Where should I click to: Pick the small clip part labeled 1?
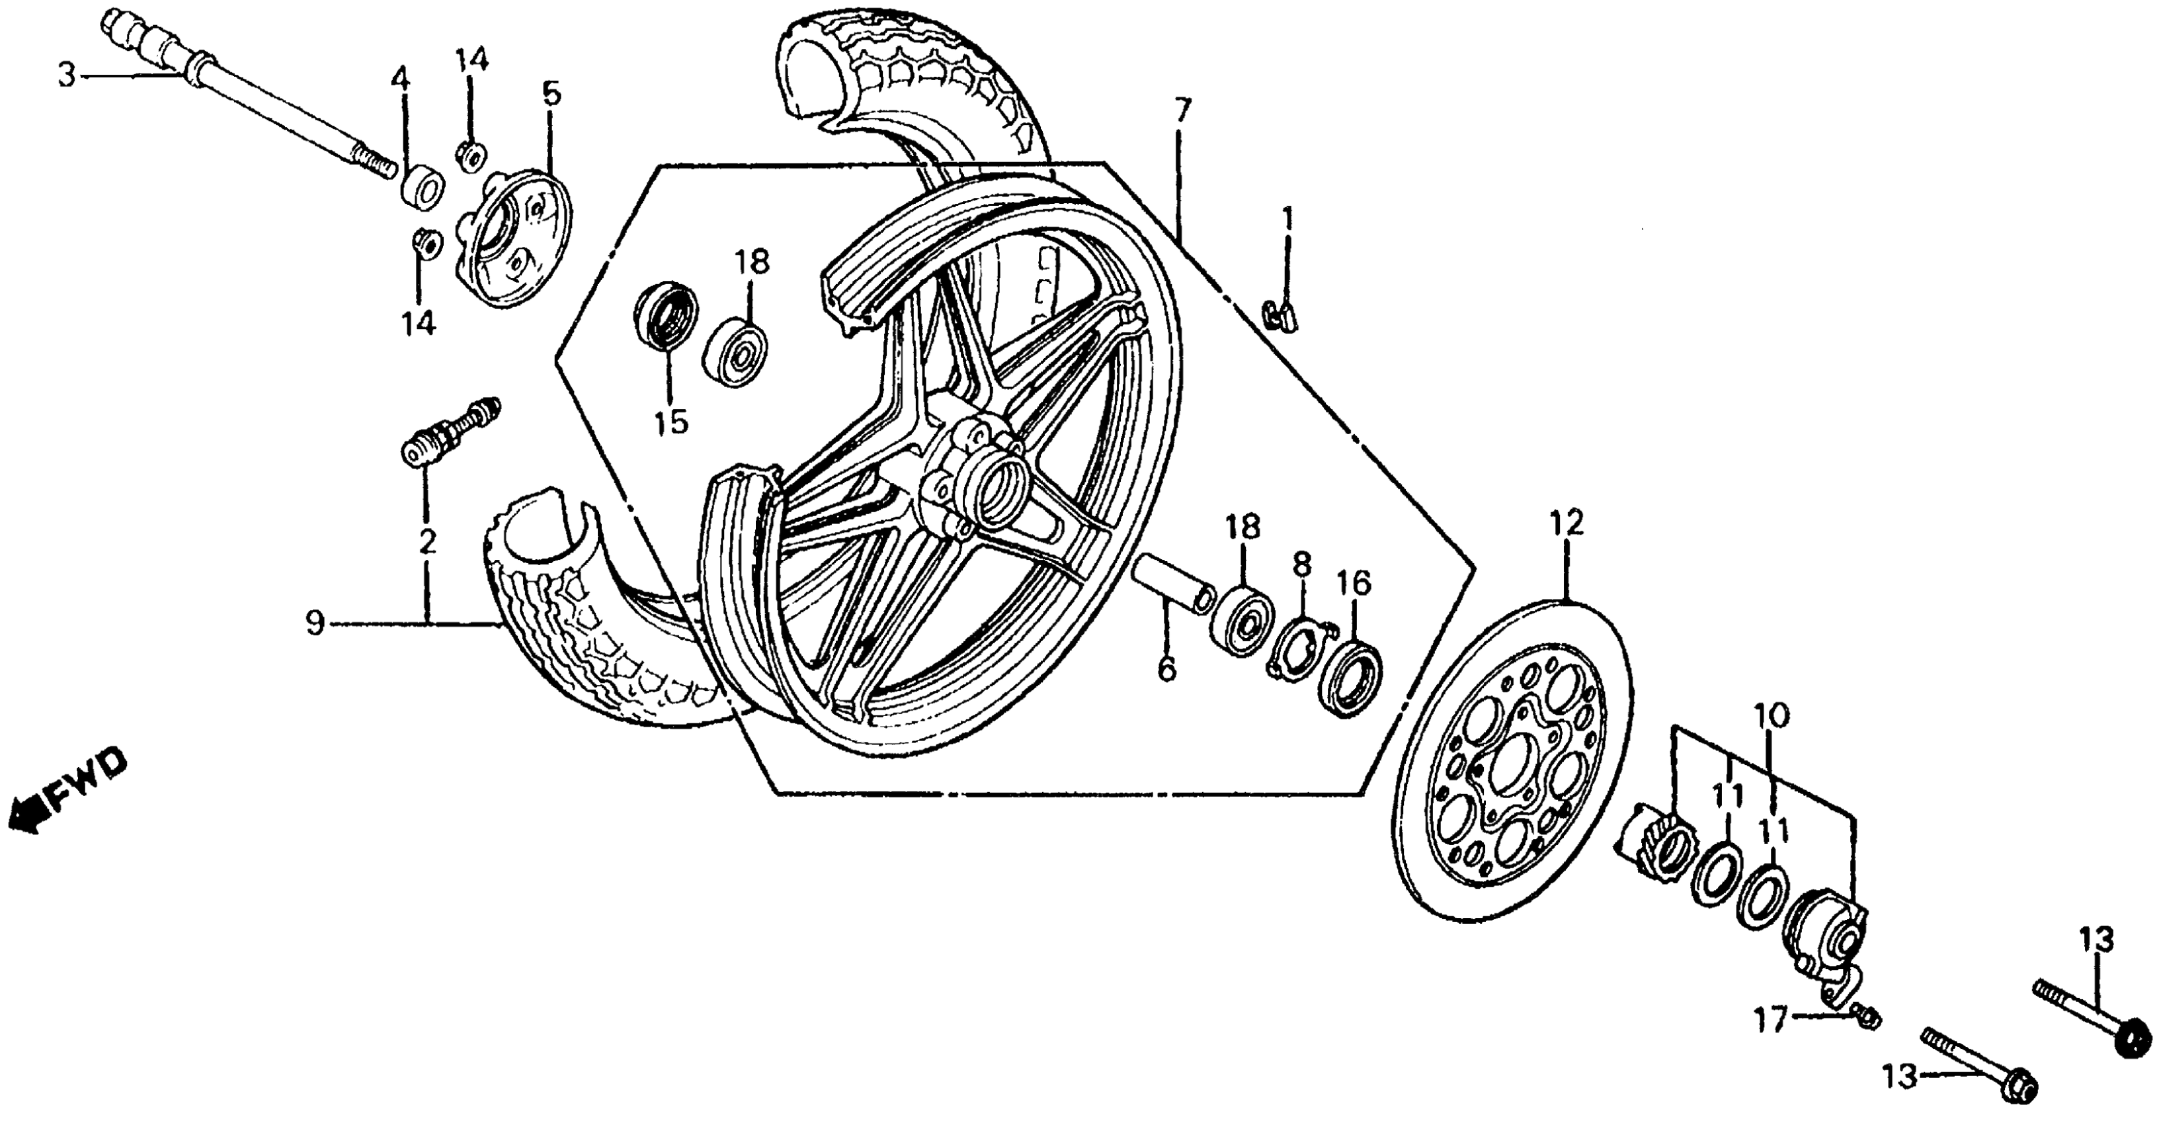(1280, 315)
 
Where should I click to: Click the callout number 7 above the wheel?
(1182, 110)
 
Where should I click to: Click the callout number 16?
(1354, 582)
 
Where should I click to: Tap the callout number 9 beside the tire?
(315, 624)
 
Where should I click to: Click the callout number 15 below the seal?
(672, 422)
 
